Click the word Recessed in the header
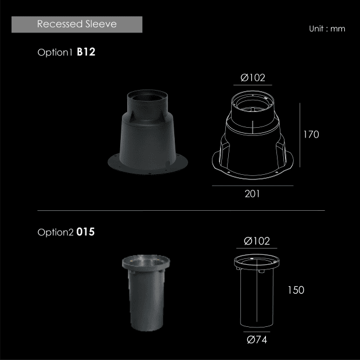pos(60,24)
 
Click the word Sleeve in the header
pos(101,24)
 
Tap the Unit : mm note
pos(327,28)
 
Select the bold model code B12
pos(86,52)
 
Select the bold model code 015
pos(85,232)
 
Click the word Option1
pos(55,52)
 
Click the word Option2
pos(55,232)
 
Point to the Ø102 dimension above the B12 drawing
pos(253,78)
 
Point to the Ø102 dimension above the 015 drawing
pos(257,241)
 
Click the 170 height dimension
pos(311,135)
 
